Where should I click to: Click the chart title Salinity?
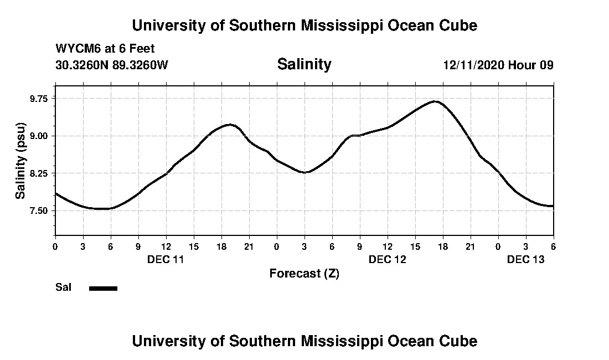[x=304, y=64]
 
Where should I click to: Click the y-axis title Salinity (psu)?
[x=21, y=161]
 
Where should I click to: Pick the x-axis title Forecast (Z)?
[x=304, y=274]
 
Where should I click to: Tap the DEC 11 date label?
[x=166, y=259]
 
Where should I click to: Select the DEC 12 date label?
[x=387, y=259]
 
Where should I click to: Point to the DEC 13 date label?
[x=525, y=259]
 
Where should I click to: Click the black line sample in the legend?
[x=104, y=288]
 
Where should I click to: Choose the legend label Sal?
[x=64, y=287]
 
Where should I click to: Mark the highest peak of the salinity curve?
[x=436, y=101]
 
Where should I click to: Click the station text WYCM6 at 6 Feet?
[x=105, y=48]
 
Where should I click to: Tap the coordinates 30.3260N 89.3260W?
[x=112, y=65]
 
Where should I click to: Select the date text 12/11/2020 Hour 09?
[x=498, y=65]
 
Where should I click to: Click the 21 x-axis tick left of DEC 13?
[x=470, y=246]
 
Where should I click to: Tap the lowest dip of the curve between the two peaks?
[x=304, y=173]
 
